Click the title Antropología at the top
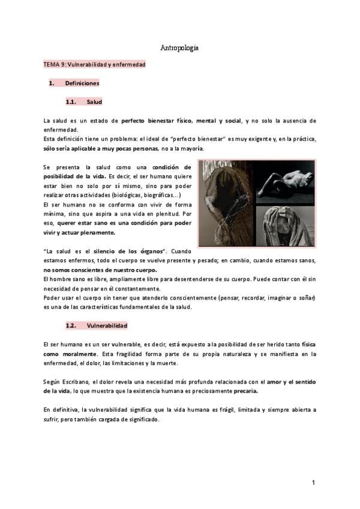pos(179,47)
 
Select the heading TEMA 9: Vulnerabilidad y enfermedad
pos(94,64)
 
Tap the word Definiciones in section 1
pos(82,83)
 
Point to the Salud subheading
pos(95,102)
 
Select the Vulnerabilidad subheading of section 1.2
pos(106,325)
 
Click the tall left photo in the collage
pos(226,203)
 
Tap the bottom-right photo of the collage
pos(285,226)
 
